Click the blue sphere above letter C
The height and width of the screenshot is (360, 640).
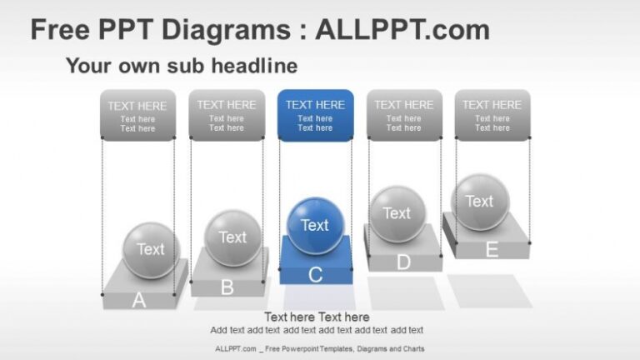[315, 225]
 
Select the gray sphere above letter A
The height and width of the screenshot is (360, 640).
[151, 249]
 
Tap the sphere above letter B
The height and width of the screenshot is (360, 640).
[232, 237]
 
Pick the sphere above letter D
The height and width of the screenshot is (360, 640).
[397, 213]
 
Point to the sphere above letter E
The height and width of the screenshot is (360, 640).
[479, 202]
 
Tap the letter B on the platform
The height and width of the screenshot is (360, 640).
[227, 288]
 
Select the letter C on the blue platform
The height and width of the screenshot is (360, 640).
[315, 275]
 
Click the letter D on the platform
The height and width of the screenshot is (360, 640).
[403, 262]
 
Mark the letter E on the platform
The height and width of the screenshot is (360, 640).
[492, 249]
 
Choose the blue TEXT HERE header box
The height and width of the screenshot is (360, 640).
[315, 115]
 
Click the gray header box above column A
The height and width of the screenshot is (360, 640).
[137, 116]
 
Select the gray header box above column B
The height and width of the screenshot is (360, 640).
[227, 115]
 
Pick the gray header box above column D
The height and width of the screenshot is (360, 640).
[404, 115]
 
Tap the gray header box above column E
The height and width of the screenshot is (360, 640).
[492, 115]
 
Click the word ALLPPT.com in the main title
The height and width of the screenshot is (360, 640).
[402, 30]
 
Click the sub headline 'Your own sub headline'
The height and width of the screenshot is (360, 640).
[181, 65]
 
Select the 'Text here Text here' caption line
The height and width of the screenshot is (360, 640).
[317, 317]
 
